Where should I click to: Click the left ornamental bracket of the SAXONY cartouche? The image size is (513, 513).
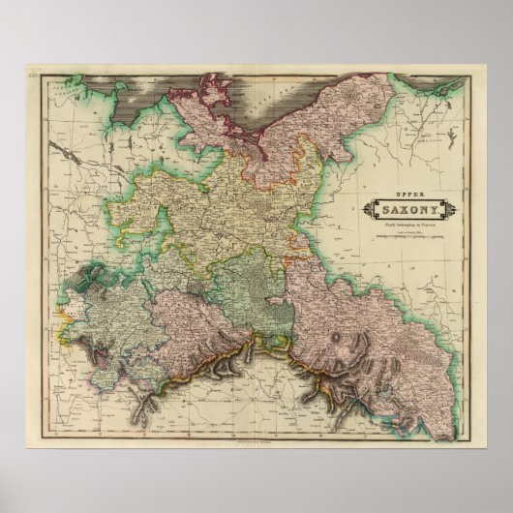[367, 209]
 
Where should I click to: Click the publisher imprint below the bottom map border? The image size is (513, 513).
[256, 440]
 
